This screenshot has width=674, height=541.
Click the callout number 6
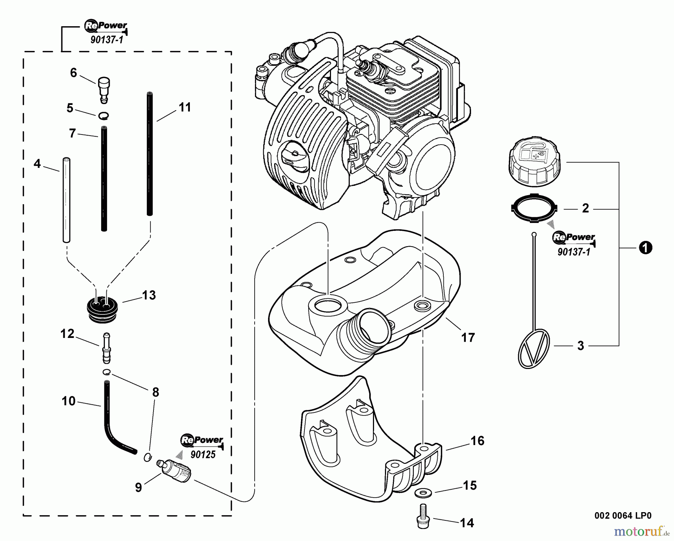(x=73, y=73)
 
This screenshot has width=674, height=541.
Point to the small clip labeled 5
(x=104, y=116)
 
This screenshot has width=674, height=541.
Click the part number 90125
(x=203, y=455)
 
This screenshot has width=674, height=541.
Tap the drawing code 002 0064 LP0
(x=623, y=516)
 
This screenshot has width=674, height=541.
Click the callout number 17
(x=468, y=338)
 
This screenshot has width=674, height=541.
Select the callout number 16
(x=477, y=441)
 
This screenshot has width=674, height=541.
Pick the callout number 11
(x=185, y=108)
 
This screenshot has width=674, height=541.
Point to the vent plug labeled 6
(x=103, y=89)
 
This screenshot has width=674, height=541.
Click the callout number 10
(x=69, y=401)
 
